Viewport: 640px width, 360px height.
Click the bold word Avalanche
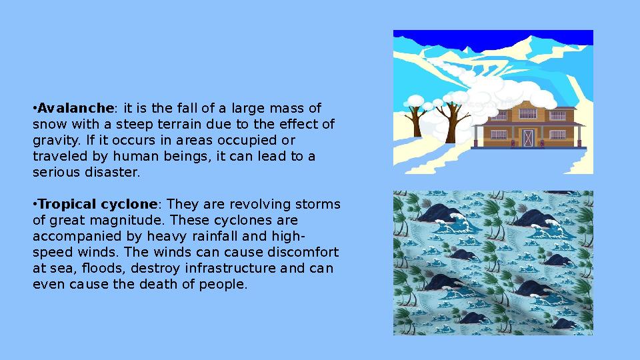[75, 108]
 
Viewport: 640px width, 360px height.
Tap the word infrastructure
[221, 268]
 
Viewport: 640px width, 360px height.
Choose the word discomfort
[303, 252]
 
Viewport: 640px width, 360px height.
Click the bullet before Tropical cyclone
[35, 204]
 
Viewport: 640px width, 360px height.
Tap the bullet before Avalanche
[35, 108]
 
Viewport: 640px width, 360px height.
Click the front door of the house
[528, 137]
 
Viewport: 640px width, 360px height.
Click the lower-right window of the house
[557, 135]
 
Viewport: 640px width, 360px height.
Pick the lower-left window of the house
[499, 135]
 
